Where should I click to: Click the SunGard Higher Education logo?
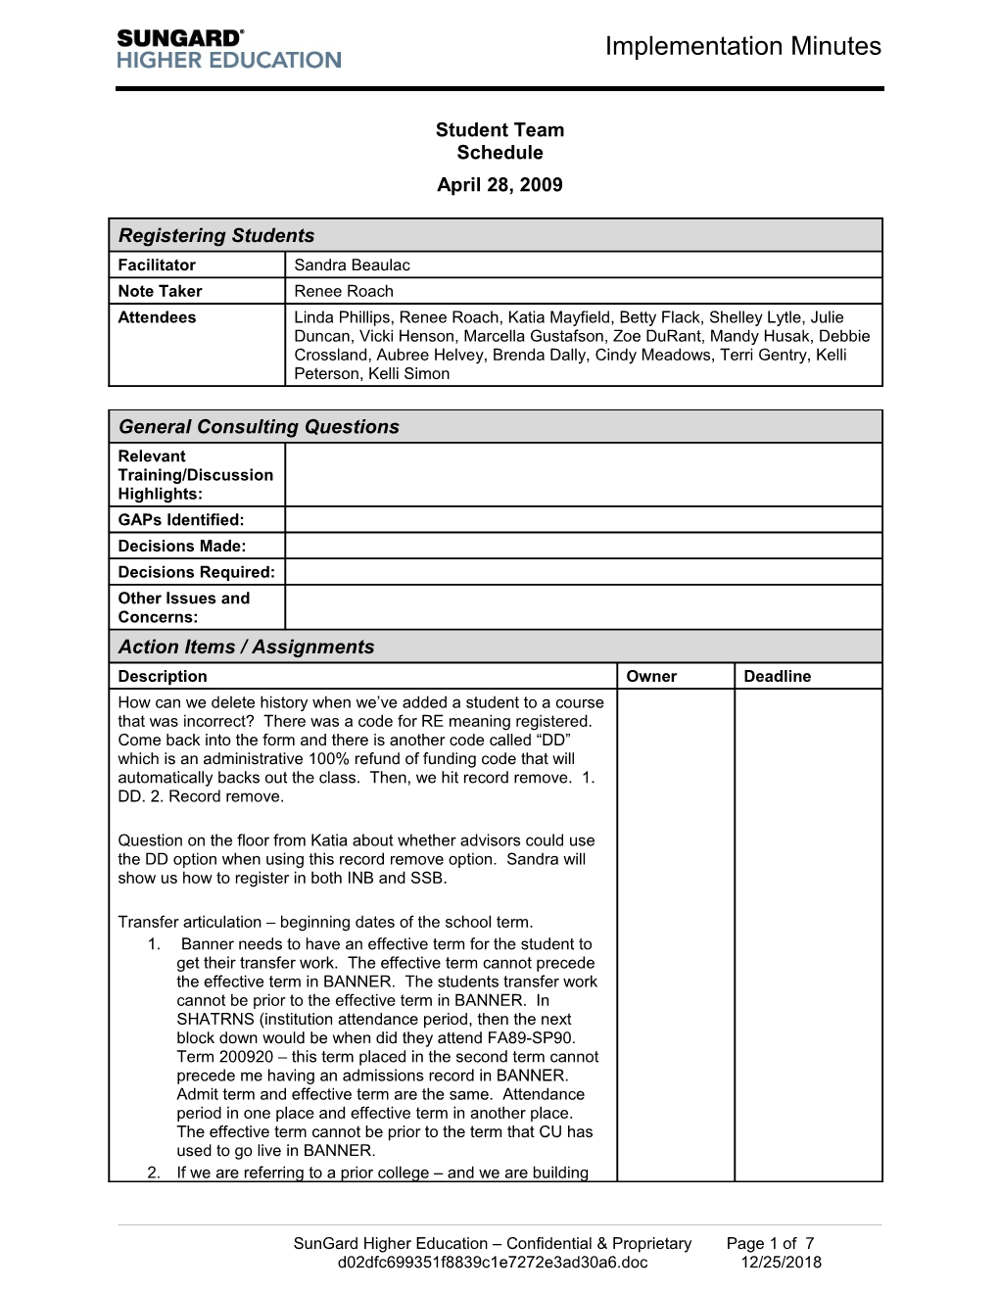pos(228,48)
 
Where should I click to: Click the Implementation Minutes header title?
pos(742,46)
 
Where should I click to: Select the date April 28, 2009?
pos(499,184)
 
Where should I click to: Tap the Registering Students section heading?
pos(216,235)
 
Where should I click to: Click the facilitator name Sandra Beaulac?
pos(352,264)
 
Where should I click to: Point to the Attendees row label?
pos(157,317)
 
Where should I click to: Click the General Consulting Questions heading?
pos(259,426)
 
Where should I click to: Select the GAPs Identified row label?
pos(180,519)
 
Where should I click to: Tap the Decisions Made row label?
pos(181,546)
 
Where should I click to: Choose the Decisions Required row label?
pos(196,572)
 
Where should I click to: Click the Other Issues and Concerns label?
pos(183,607)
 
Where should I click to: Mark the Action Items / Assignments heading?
pos(246,646)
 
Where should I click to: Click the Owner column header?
pos(651,676)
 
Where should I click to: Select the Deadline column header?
pos(777,676)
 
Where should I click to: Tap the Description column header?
pos(162,676)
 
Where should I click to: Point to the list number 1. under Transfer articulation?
pos(154,944)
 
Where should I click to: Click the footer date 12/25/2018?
pos(781,1262)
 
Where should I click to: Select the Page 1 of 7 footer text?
pos(770,1243)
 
